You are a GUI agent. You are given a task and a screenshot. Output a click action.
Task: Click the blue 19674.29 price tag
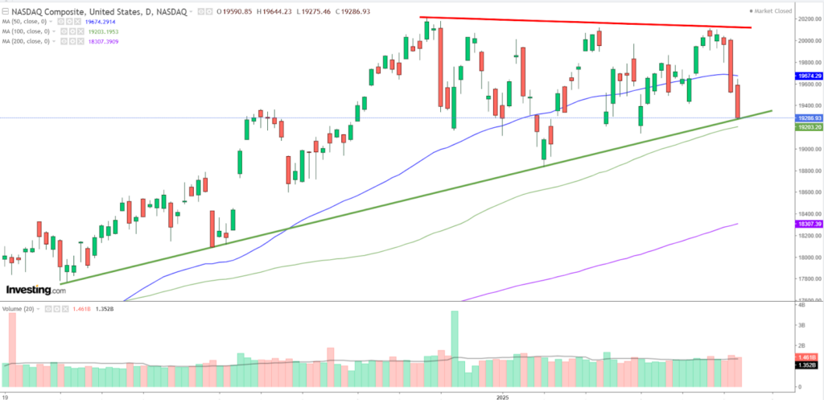(808, 76)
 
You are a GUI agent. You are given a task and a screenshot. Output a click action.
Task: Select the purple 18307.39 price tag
(808, 224)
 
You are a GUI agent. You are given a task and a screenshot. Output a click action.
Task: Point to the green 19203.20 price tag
(808, 127)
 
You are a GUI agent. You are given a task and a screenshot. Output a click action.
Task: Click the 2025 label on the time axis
(502, 396)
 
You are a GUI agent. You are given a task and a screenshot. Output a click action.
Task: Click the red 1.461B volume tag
(808, 356)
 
